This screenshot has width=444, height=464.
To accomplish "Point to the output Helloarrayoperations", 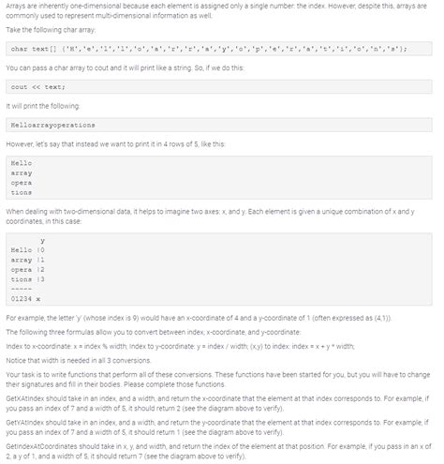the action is click(x=52, y=124).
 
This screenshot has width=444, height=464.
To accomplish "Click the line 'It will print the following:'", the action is click(x=39, y=105).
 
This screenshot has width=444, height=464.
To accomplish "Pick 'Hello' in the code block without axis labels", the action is click(x=21, y=164).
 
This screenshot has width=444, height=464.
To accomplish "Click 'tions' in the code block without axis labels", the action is click(x=21, y=191).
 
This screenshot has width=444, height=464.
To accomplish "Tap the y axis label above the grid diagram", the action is click(x=42, y=240).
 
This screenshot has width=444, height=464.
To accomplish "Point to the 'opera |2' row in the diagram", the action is click(x=27, y=269).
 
